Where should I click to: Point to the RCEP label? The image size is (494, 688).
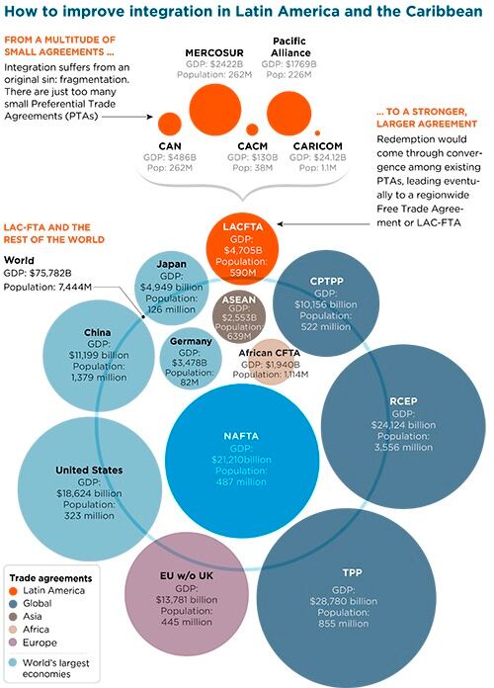point(404,401)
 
